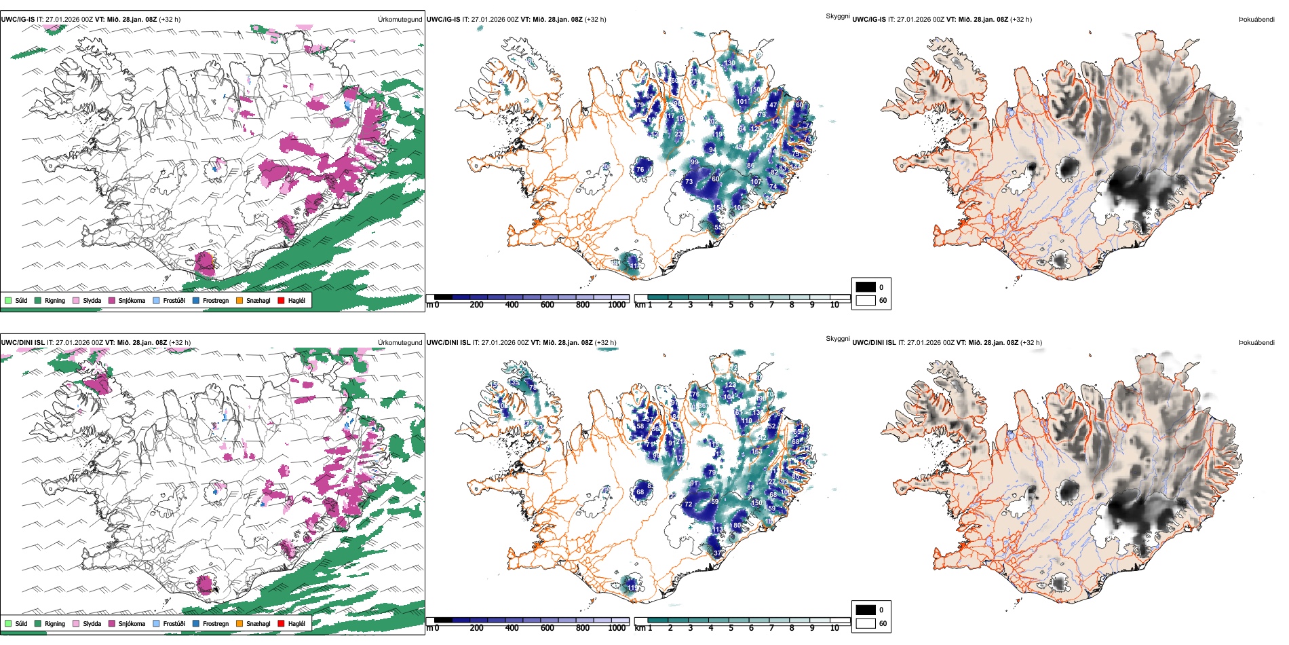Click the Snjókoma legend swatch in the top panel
[x=112, y=300]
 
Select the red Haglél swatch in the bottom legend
[x=281, y=623]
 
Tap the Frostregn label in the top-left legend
[x=215, y=300]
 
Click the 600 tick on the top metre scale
[x=547, y=305]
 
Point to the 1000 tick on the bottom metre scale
[x=617, y=628]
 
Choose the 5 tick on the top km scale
[x=731, y=305]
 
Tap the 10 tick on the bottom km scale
[x=834, y=628]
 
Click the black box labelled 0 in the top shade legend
[x=866, y=287]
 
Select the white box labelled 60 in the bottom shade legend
[x=866, y=623]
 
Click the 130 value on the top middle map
[x=729, y=63]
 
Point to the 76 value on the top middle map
[x=640, y=170]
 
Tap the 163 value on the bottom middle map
[x=756, y=451]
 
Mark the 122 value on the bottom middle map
[x=730, y=386]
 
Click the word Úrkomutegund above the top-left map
[x=400, y=20]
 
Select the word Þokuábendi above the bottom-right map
[x=1256, y=343]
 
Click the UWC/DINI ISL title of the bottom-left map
[x=22, y=343]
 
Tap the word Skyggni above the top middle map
[x=837, y=16]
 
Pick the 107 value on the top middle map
[x=756, y=182]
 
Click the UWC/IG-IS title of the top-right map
[x=868, y=20]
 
